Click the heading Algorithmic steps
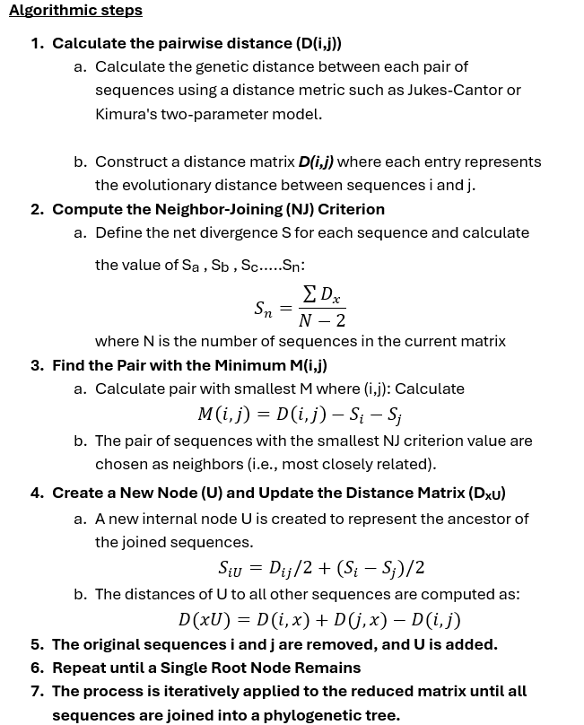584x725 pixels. (x=75, y=12)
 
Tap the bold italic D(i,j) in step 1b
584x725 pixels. (x=316, y=162)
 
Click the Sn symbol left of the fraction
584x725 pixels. (x=263, y=309)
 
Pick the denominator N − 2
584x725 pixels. (x=321, y=321)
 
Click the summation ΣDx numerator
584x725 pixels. (x=323, y=296)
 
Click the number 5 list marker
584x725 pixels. (x=37, y=644)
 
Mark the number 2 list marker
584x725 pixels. (x=37, y=209)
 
